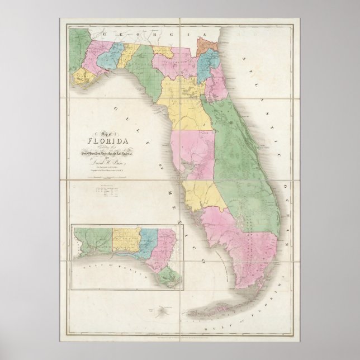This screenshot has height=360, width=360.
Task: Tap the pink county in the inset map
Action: pyautogui.click(x=166, y=246)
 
